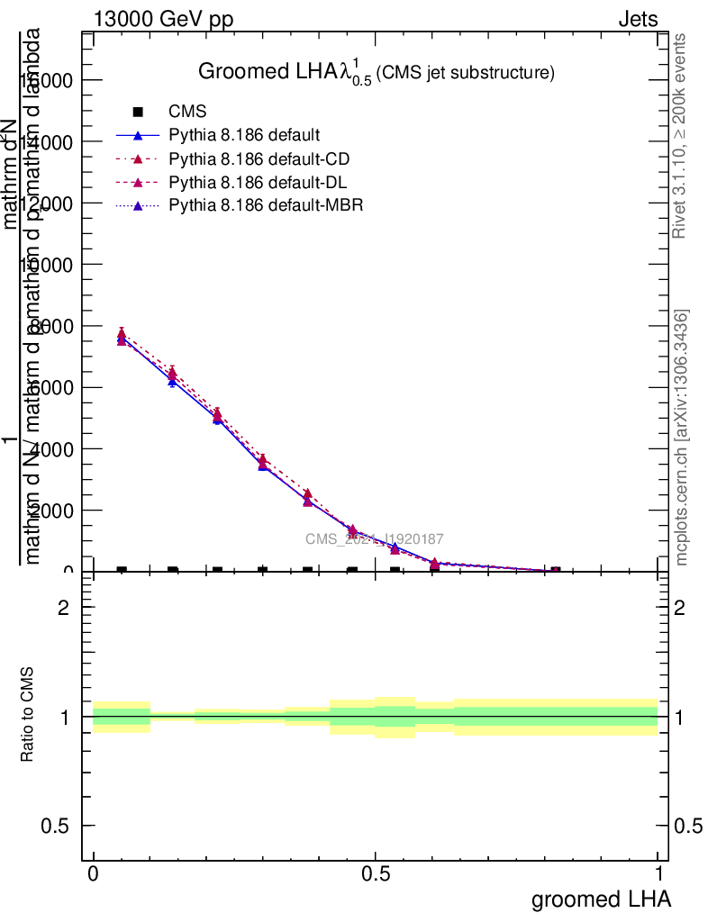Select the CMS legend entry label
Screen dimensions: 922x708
(x=187, y=112)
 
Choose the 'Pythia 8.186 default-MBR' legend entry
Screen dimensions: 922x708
(x=266, y=206)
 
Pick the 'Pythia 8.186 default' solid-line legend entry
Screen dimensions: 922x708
(x=243, y=136)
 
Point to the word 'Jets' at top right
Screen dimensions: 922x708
(x=638, y=20)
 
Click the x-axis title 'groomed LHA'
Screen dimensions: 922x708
(x=601, y=899)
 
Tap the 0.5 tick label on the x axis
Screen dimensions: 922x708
(x=376, y=874)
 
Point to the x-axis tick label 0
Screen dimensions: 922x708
(x=93, y=874)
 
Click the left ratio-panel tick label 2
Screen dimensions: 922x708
(x=63, y=608)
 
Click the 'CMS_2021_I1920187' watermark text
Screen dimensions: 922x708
(x=374, y=538)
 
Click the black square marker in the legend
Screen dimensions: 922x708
(x=138, y=112)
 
